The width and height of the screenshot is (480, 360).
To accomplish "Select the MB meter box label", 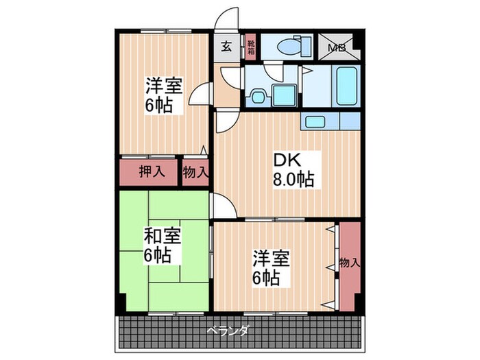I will pos(336,47).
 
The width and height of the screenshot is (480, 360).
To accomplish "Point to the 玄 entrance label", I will pos(226,47).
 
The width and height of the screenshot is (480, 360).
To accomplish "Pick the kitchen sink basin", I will pos(315,122).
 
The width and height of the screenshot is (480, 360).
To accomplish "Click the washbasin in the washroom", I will pos(259,96).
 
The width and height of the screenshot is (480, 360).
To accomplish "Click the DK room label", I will pos(285,160).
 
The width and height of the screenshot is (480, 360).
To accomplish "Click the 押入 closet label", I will pos(152,171).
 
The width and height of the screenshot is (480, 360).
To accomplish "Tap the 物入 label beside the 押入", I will pos(195,171).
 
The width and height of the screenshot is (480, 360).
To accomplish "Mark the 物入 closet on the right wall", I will pos(348,262).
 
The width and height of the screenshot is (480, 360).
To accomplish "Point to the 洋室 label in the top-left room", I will pos(163,86).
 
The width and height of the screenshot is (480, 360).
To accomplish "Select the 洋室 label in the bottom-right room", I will pos(270,259).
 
